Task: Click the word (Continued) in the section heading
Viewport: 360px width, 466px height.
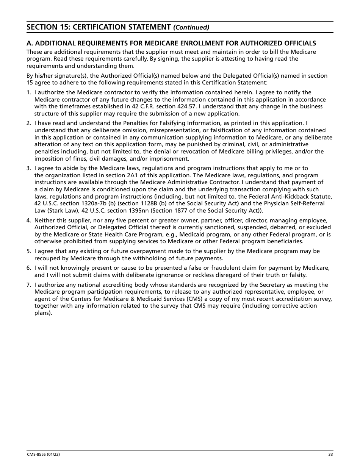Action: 191,27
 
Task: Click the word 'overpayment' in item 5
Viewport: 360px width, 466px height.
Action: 127,251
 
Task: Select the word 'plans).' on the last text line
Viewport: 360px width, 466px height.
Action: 43,313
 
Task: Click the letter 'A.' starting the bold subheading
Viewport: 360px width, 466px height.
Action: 30,43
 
